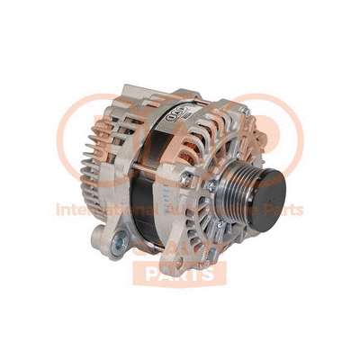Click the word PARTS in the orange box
coord(179,272)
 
